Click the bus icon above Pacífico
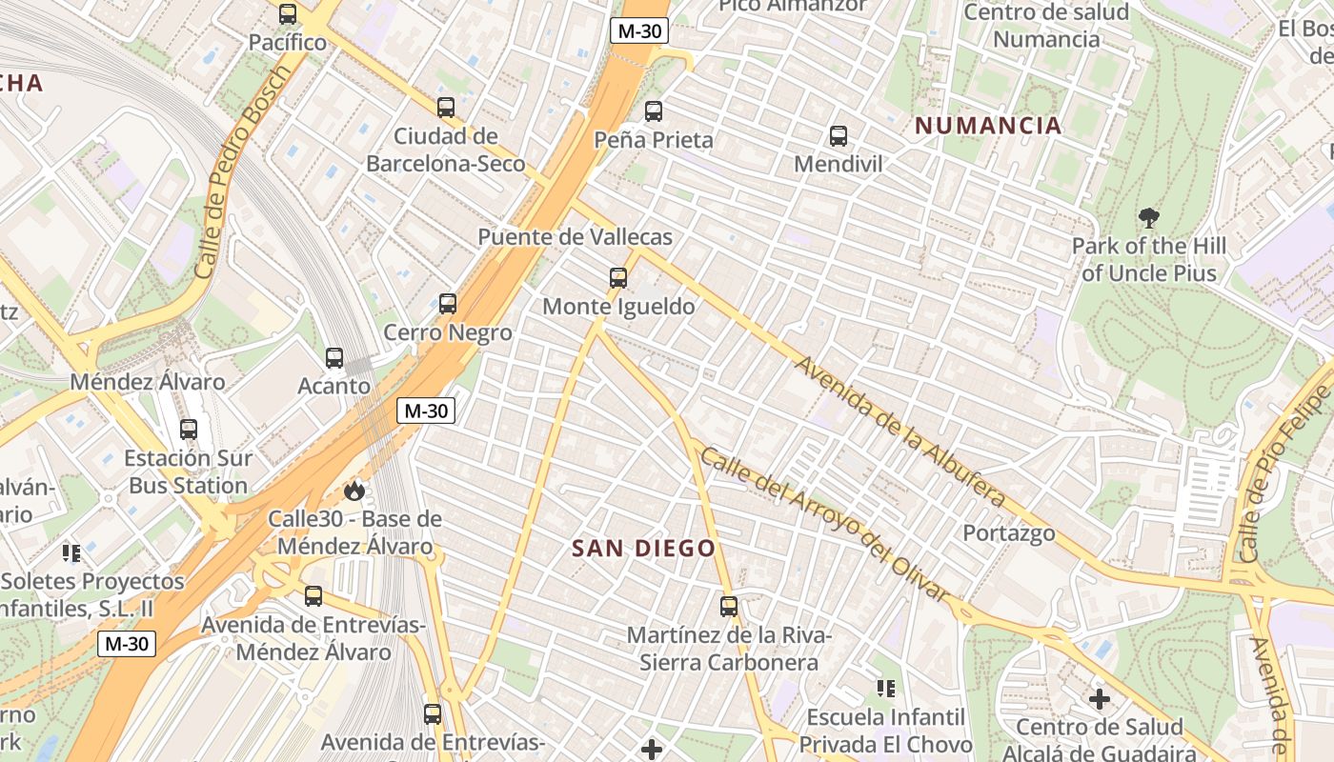point(288,14)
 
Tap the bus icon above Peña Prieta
point(654,111)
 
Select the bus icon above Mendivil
point(839,136)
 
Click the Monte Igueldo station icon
point(618,278)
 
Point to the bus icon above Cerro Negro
point(448,304)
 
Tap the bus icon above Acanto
point(334,358)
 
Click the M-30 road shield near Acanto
point(426,411)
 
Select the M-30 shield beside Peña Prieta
point(638,30)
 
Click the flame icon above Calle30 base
point(354,491)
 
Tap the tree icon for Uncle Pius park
point(1149,217)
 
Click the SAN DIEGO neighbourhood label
point(644,548)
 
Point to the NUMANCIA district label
point(988,125)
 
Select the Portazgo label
point(1009,532)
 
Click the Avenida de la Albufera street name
point(899,431)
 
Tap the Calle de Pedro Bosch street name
point(242,171)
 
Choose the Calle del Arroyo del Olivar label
point(825,525)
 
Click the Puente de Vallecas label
point(575,237)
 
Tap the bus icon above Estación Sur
point(189,430)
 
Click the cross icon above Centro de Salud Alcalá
point(1100,699)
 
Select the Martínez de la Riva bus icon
point(729,606)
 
